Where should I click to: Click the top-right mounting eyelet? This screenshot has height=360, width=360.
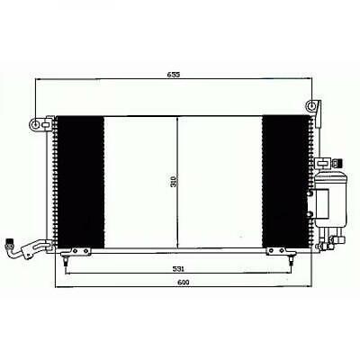pyautogui.click(x=311, y=106)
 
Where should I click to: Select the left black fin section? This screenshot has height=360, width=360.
pyautogui.click(x=79, y=182)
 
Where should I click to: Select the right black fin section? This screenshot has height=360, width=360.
pyautogui.click(x=283, y=182)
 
